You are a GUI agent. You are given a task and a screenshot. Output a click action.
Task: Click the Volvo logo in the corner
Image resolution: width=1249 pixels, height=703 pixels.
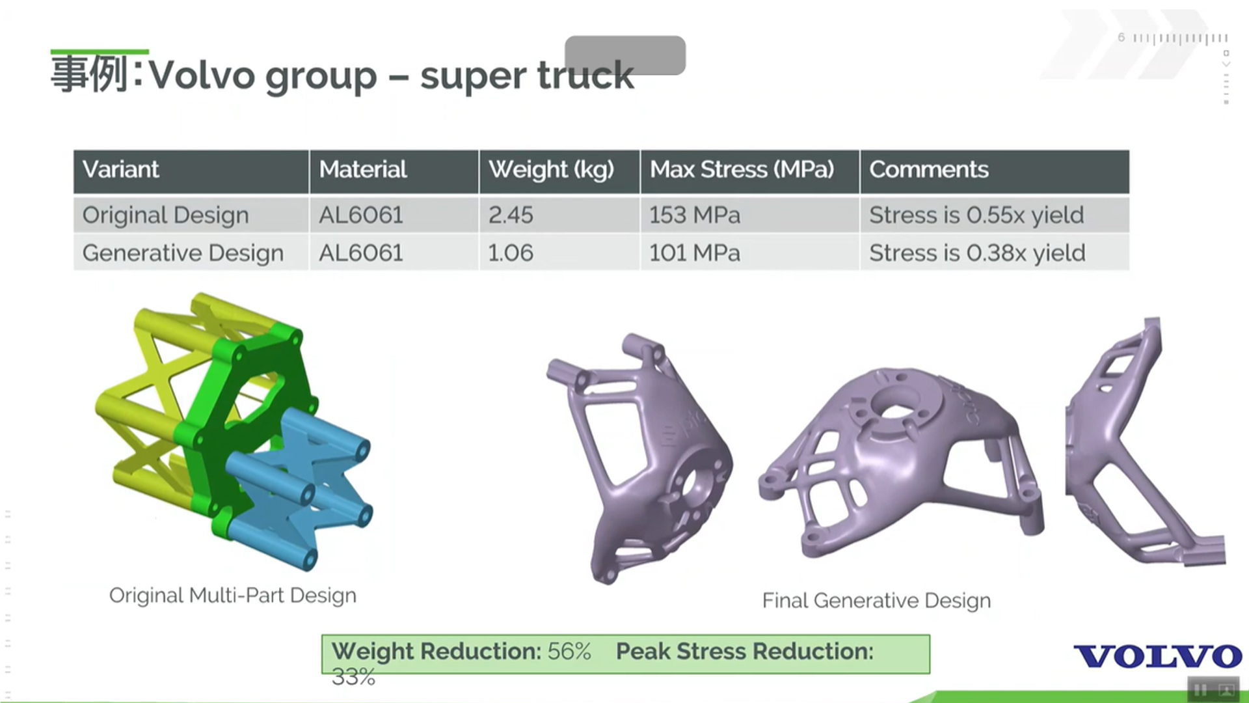(x=1157, y=656)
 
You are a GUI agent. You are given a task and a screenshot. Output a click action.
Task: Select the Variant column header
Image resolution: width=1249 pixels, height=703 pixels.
(x=120, y=170)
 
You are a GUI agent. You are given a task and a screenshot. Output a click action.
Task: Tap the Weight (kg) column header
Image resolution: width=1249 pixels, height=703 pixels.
(x=551, y=170)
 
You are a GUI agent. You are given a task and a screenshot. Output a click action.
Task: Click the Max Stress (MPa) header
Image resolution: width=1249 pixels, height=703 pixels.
(x=742, y=170)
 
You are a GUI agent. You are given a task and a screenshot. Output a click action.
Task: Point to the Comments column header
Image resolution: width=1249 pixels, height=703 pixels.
(x=929, y=170)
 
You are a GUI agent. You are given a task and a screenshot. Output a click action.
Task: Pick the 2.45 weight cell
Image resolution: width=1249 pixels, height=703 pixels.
(x=511, y=215)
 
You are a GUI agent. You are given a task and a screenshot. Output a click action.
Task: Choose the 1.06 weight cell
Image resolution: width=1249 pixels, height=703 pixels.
(x=511, y=253)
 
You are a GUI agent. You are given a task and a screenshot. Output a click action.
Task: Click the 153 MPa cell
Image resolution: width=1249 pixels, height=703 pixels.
(x=695, y=215)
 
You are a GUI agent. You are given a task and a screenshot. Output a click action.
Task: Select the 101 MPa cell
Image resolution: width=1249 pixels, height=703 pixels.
(x=695, y=253)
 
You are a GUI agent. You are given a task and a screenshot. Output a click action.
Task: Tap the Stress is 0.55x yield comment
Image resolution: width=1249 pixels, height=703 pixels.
(x=976, y=215)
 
